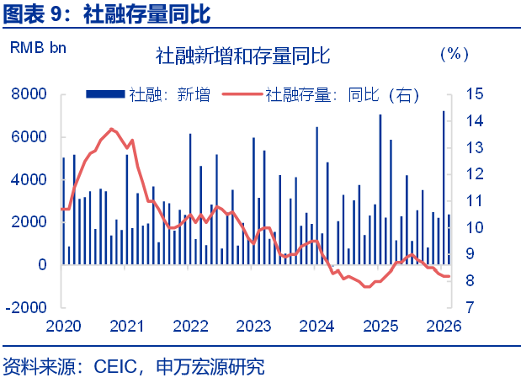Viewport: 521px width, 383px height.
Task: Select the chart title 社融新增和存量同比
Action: pos(242,56)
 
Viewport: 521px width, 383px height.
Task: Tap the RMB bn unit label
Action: pos(38,48)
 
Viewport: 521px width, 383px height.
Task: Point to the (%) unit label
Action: pos(454,55)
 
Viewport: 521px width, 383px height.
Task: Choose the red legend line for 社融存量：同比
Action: pos(242,94)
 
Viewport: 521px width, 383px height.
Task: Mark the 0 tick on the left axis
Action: pos(41,264)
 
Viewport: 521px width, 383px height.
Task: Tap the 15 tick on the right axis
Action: pos(473,94)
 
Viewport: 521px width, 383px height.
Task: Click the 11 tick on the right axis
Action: pos(473,201)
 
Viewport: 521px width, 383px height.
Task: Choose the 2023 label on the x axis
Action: pos(253,326)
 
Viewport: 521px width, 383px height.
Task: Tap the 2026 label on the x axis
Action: pos(444,326)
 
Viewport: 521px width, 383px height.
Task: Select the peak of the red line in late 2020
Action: pos(113,129)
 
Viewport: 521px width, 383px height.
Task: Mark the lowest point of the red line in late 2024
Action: pos(366,287)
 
